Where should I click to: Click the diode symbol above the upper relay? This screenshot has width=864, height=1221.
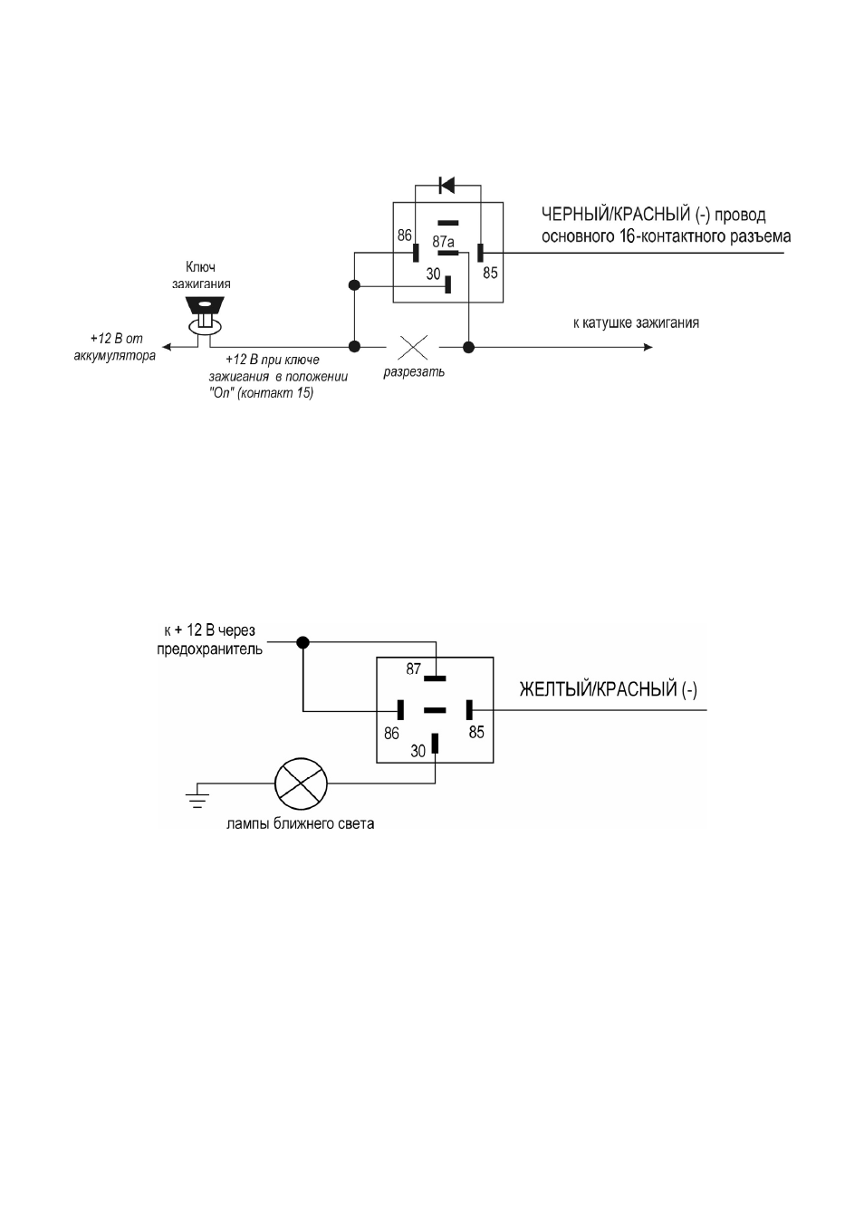click(x=447, y=186)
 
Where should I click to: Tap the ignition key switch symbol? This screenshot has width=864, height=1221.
click(x=205, y=315)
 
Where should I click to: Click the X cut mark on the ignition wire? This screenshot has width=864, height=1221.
click(x=413, y=347)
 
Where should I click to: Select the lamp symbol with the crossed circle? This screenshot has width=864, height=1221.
click(x=301, y=784)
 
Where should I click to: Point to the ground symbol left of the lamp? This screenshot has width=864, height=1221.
click(x=197, y=796)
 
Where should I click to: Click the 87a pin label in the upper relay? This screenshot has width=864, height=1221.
click(x=443, y=241)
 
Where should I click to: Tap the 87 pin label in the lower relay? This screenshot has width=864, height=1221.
click(x=414, y=668)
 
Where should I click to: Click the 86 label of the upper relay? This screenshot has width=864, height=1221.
click(x=405, y=236)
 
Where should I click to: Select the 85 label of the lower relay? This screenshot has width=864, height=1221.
click(x=476, y=733)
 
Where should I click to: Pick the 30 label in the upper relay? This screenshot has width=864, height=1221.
click(x=434, y=274)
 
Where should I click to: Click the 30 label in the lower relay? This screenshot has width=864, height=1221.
click(x=418, y=751)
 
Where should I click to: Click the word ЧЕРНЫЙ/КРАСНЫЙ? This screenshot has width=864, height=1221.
click(x=616, y=216)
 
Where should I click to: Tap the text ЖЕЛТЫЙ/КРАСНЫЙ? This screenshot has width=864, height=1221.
click(x=598, y=689)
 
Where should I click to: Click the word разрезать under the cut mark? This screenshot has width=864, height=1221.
click(x=414, y=373)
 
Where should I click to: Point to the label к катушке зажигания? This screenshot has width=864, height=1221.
click(x=636, y=322)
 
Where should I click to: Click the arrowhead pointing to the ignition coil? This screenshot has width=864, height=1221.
click(x=648, y=347)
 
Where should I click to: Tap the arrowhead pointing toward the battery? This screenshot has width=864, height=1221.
click(x=167, y=347)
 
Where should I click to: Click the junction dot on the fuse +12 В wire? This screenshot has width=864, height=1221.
click(x=303, y=643)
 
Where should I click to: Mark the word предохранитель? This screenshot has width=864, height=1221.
click(x=210, y=649)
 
